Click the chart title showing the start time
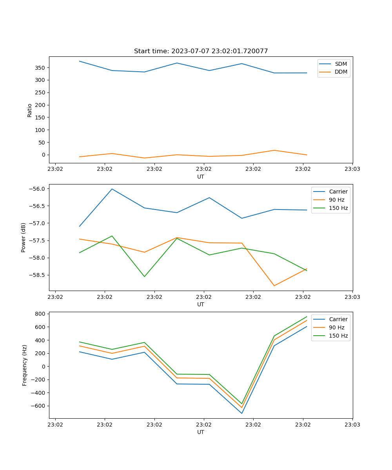[201, 51]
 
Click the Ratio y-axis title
[30, 110]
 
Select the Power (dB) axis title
[24, 237]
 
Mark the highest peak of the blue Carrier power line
[112, 189]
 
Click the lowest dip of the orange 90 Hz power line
[274, 286]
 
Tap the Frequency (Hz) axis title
[25, 365]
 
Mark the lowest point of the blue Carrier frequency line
[242, 413]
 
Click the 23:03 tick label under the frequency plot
[352, 425]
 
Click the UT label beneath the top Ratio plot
[201, 177]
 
